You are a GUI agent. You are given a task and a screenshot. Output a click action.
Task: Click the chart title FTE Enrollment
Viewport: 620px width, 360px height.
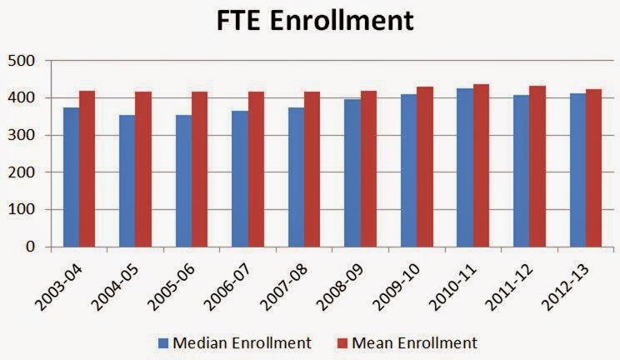pyautogui.click(x=309, y=20)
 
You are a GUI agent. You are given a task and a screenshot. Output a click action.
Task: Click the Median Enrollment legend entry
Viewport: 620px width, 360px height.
pyautogui.click(x=237, y=342)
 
